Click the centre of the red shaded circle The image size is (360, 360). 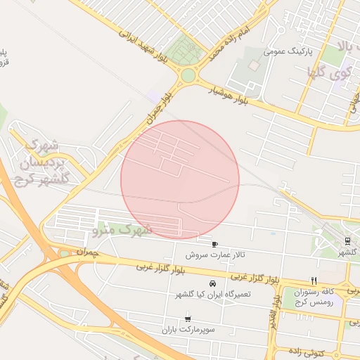tap(180, 180)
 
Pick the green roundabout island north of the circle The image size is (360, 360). tap(188, 75)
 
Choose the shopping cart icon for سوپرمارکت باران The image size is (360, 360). tap(187, 319)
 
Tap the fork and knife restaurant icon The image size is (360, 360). tap(314, 279)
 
